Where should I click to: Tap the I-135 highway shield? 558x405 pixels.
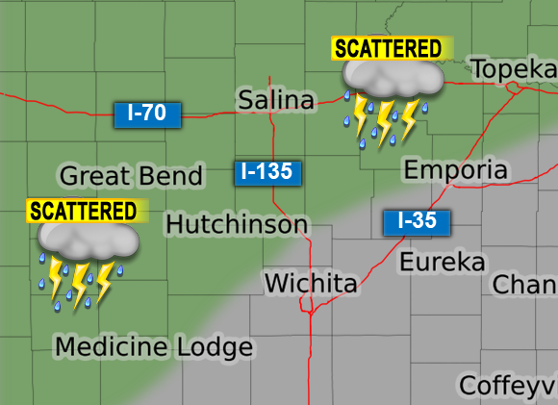(x=268, y=173)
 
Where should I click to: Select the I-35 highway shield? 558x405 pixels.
(x=417, y=221)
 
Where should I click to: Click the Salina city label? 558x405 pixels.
(x=276, y=100)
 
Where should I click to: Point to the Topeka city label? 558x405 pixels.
(x=513, y=68)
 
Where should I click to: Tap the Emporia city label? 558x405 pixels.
(x=455, y=170)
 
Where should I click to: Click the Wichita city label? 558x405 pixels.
(x=311, y=284)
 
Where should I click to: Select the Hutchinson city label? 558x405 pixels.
(x=237, y=225)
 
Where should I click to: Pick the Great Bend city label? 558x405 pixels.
(x=131, y=176)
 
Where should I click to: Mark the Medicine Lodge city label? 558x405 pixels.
(x=154, y=346)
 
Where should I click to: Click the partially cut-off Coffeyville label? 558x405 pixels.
(x=508, y=385)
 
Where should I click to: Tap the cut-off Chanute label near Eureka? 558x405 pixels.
(x=525, y=285)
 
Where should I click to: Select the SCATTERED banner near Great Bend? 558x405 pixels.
(x=83, y=210)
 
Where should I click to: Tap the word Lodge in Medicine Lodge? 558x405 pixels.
(x=214, y=347)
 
